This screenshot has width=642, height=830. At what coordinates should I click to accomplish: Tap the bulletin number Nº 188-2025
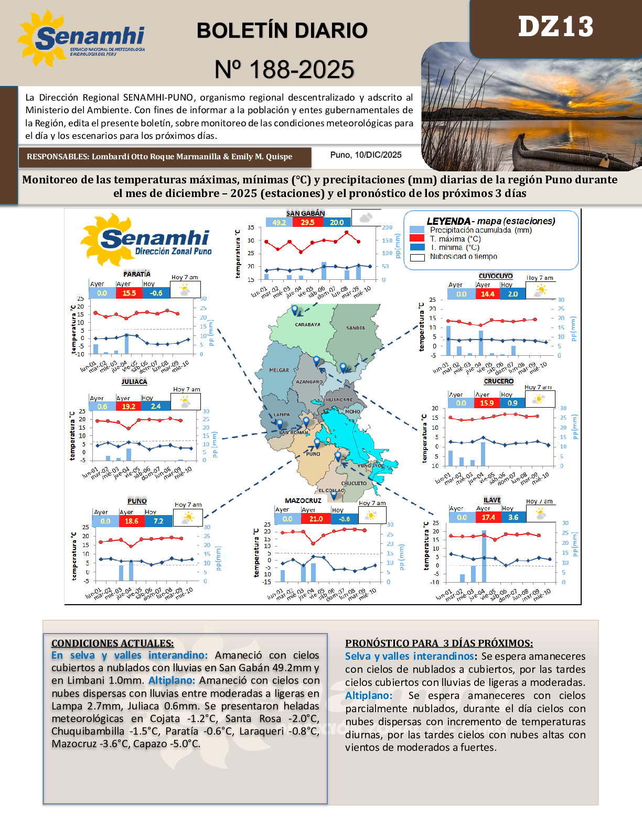pyautogui.click(x=284, y=69)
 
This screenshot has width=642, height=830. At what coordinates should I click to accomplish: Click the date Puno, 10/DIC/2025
pyautogui.click(x=366, y=155)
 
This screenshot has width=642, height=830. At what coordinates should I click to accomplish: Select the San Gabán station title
pyautogui.click(x=305, y=213)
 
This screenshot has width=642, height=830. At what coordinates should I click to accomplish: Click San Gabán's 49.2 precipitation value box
pyautogui.click(x=279, y=222)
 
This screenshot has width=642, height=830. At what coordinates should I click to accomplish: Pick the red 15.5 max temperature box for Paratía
pyautogui.click(x=129, y=293)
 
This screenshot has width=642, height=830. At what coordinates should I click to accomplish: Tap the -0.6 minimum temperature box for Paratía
pyautogui.click(x=156, y=293)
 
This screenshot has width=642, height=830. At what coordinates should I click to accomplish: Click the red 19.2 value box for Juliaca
pyautogui.click(x=129, y=406)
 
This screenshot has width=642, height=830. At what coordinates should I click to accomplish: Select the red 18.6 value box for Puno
pyautogui.click(x=131, y=521)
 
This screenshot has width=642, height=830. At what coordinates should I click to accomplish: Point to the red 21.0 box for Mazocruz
pyautogui.click(x=316, y=519)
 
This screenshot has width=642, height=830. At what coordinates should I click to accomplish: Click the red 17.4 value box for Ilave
pyautogui.click(x=488, y=517)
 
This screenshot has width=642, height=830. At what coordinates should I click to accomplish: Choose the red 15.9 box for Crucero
pyautogui.click(x=487, y=403)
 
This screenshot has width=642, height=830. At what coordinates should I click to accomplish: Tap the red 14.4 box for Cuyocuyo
pyautogui.click(x=487, y=294)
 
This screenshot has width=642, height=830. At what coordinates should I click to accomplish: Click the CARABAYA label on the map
pyautogui.click(x=307, y=324)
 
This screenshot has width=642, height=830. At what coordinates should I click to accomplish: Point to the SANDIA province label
pyautogui.click(x=356, y=328)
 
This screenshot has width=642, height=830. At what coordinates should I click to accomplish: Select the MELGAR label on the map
pyautogui.click(x=279, y=370)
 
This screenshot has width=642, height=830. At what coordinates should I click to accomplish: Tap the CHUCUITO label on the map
pyautogui.click(x=354, y=483)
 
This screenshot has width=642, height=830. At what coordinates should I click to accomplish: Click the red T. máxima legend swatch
pyautogui.click(x=417, y=238)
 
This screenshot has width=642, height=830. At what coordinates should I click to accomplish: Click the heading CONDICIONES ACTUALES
pyautogui.click(x=112, y=643)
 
